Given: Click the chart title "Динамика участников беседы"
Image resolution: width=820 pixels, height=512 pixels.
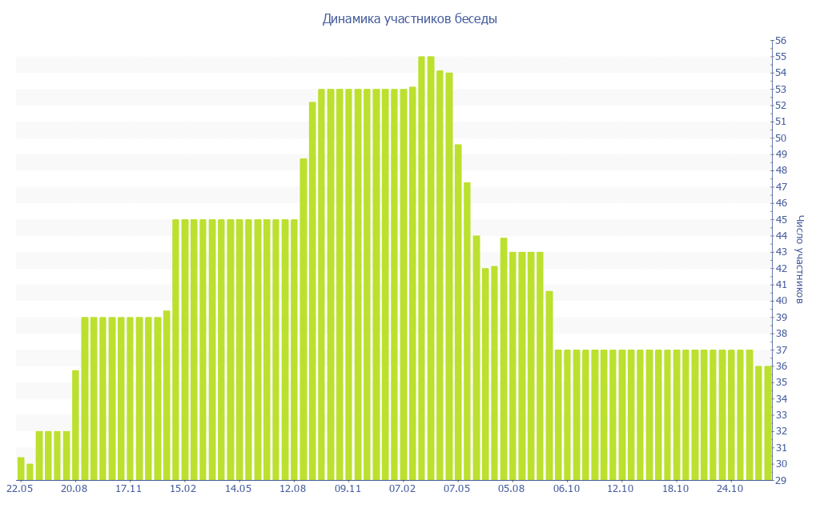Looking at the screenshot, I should tap(409, 18).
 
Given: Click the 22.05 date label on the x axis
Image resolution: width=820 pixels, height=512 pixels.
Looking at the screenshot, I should tap(19, 489).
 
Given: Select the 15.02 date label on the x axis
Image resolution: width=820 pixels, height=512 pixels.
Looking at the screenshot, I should tap(183, 489).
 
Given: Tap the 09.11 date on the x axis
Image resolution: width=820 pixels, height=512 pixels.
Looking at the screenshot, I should tap(348, 489).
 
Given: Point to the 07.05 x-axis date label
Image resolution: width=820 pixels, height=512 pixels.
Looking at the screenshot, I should tap(457, 489).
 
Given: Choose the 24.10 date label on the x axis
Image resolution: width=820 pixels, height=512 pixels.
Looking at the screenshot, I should tap(730, 489).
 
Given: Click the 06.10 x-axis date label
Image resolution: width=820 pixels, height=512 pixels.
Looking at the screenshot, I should tap(566, 489).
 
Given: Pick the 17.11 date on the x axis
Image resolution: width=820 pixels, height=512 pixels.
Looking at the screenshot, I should tap(128, 489).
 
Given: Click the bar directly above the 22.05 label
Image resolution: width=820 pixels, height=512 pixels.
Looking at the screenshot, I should tap(21, 469).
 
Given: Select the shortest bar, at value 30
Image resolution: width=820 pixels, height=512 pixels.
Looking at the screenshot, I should tap(30, 472).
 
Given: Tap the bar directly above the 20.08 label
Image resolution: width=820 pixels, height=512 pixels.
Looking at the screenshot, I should tap(75, 425).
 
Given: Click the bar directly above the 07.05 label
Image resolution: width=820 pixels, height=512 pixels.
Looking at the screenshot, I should tap(458, 312).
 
